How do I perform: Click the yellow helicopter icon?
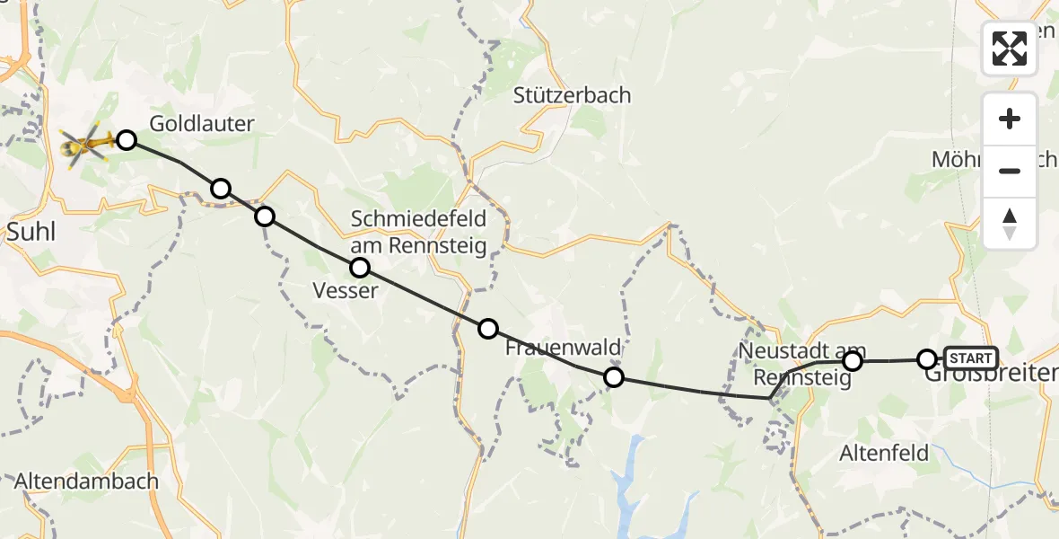(x=86, y=144)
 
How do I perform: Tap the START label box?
(x=970, y=358)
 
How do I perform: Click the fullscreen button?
(x=1010, y=49)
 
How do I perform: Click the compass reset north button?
(x=1010, y=224)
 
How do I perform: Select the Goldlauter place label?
(x=202, y=124)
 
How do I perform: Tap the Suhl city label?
(x=31, y=233)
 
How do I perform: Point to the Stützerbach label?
(x=572, y=95)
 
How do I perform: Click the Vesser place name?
(x=346, y=290)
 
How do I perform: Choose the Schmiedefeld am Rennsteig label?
(x=418, y=232)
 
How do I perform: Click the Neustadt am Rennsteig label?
(x=803, y=361)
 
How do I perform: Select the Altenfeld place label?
(x=884, y=453)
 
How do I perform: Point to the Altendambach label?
(x=86, y=481)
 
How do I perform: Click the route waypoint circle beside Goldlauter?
(x=127, y=139)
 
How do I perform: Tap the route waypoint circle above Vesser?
(x=360, y=267)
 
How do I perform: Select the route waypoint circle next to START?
(x=927, y=359)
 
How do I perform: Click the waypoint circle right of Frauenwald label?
(x=614, y=377)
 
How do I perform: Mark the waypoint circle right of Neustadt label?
(x=853, y=361)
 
